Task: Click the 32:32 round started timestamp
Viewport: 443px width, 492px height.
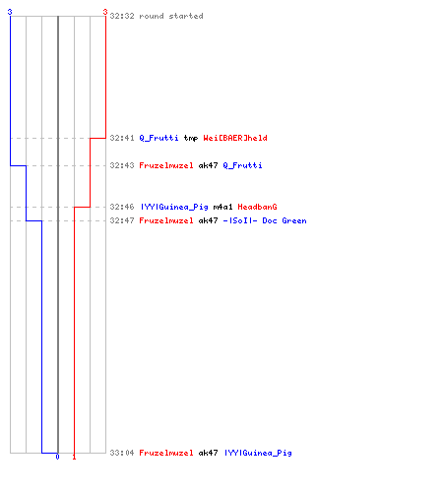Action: point(122,16)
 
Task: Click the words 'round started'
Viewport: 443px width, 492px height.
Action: point(171,16)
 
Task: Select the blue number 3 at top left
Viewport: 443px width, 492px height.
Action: point(10,12)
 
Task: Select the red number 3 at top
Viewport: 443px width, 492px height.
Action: point(105,12)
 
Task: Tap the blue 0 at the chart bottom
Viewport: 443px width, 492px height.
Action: point(57,457)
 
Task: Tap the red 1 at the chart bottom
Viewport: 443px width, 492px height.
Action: point(74,457)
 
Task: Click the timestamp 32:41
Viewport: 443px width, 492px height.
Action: point(122,138)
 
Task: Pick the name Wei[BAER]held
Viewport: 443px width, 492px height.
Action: point(235,138)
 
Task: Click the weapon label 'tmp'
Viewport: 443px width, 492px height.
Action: point(191,138)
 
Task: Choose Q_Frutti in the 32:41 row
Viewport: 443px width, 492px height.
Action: point(158,138)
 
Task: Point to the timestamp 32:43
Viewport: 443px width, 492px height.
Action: point(122,165)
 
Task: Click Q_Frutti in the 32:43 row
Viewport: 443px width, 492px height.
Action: point(242,165)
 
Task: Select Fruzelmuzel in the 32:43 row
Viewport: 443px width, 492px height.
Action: point(166,165)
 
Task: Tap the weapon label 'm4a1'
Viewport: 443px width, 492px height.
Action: point(222,207)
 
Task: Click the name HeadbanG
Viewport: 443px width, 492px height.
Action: point(257,207)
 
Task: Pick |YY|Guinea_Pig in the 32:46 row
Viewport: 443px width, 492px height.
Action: point(174,207)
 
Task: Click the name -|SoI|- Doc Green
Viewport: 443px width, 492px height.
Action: point(265,220)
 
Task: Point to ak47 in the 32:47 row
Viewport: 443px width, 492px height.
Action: point(208,220)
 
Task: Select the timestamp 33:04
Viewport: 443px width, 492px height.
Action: point(122,453)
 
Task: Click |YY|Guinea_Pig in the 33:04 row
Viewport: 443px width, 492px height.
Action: point(258,453)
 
